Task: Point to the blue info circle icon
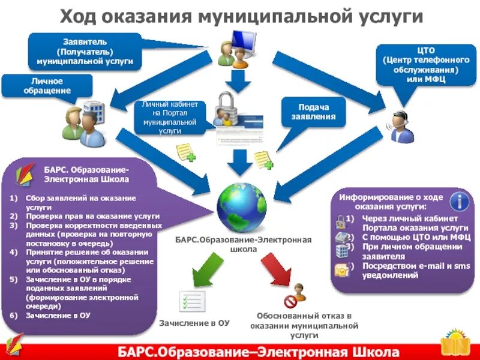click(459, 200)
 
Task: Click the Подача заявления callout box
click(313, 112)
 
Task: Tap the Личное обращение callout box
click(47, 85)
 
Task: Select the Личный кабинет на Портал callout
click(170, 117)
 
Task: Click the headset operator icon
click(401, 126)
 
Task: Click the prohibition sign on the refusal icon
click(290, 301)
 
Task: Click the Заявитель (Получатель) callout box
click(85, 52)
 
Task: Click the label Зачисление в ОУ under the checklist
click(194, 323)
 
